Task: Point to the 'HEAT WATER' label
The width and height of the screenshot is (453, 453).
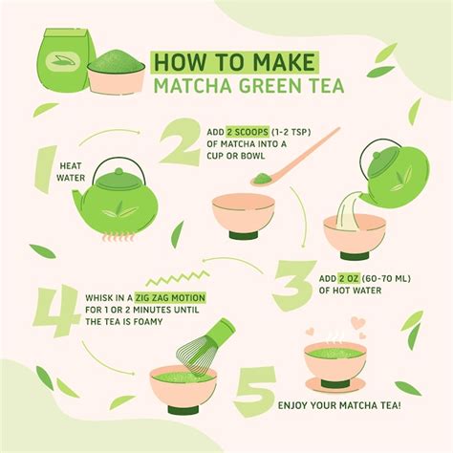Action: (x=75, y=170)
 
